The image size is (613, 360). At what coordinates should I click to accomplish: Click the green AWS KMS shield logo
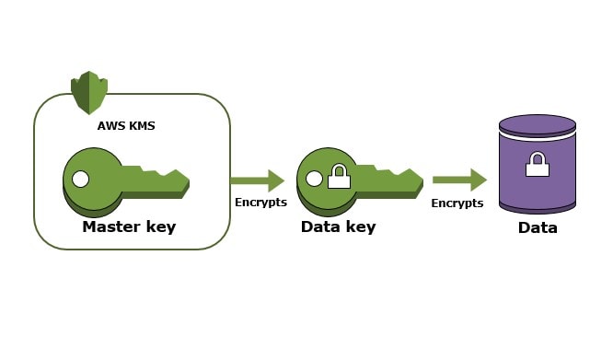tap(89, 92)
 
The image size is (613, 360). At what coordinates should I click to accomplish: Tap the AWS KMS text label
tap(126, 126)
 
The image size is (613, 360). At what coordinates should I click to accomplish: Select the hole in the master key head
tap(81, 179)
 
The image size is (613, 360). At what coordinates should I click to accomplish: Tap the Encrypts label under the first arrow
tap(260, 203)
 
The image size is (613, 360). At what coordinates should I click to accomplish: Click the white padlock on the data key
tap(339, 177)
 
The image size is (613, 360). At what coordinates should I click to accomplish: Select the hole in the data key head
tap(315, 179)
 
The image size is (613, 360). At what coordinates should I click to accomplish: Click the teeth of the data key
tap(390, 178)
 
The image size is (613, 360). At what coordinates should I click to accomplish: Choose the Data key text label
tap(338, 226)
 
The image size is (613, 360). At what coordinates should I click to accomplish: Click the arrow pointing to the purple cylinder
tap(459, 180)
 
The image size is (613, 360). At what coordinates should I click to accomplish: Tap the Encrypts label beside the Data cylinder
tap(457, 203)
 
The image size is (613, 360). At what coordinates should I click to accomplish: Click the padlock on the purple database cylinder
tap(537, 166)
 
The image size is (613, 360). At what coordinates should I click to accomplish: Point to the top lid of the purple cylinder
tap(537, 125)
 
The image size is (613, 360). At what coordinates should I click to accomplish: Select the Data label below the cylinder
tap(537, 227)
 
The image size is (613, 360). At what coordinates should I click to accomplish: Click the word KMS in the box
tap(141, 126)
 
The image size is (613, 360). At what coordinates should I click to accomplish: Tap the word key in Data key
tap(360, 227)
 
